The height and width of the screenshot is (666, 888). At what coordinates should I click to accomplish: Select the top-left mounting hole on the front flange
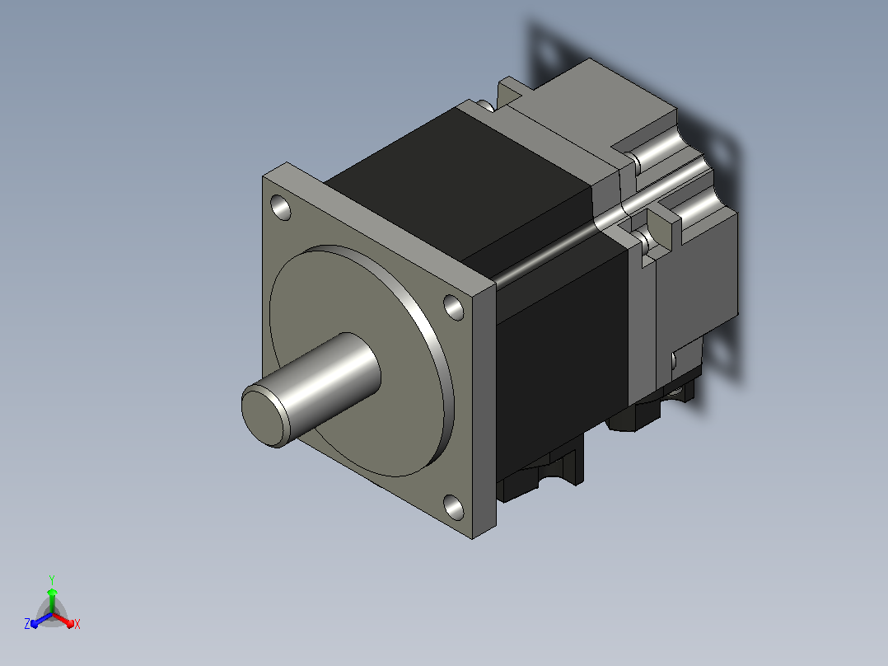pos(282,208)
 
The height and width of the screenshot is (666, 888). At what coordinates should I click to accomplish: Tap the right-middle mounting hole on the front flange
pos(453,307)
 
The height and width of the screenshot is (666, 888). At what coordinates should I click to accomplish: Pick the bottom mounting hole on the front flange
pos(453,507)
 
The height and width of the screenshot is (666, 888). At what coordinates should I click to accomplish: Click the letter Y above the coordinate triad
pos(52,579)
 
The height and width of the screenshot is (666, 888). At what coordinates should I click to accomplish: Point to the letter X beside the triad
pos(77,624)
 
